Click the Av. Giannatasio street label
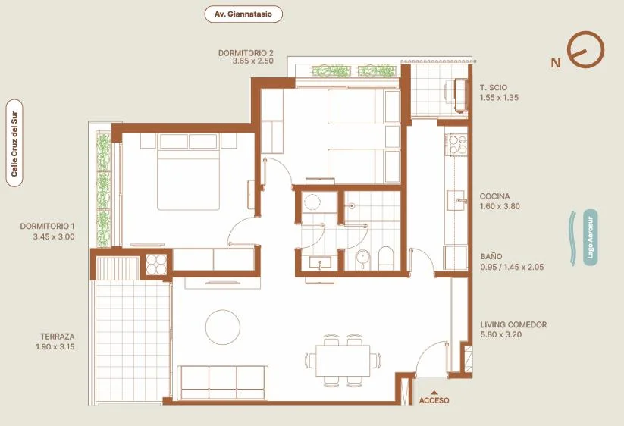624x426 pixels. pyautogui.click(x=243, y=14)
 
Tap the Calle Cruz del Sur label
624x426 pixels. pyautogui.click(x=14, y=143)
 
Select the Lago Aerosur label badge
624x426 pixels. pyautogui.click(x=591, y=237)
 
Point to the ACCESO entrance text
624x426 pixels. pyautogui.click(x=434, y=400)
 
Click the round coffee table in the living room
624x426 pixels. pyautogui.click(x=223, y=327)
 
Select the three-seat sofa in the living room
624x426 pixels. pyautogui.click(x=222, y=383)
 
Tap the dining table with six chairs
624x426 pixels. pyautogui.click(x=343, y=360)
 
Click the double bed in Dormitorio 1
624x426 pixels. pyautogui.click(x=188, y=171)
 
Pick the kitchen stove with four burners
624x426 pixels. pyautogui.click(x=457, y=144)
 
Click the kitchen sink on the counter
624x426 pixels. pyautogui.click(x=457, y=200)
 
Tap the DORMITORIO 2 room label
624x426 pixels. pyautogui.click(x=246, y=53)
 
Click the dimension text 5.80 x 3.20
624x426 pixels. pyautogui.click(x=500, y=334)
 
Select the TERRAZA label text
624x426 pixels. pyautogui.click(x=58, y=337)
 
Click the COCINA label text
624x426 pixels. pyautogui.click(x=494, y=196)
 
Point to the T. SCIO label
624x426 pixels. pyautogui.click(x=494, y=87)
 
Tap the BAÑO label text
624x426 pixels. pyautogui.click(x=491, y=256)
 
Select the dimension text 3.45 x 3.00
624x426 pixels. pyautogui.click(x=54, y=236)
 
